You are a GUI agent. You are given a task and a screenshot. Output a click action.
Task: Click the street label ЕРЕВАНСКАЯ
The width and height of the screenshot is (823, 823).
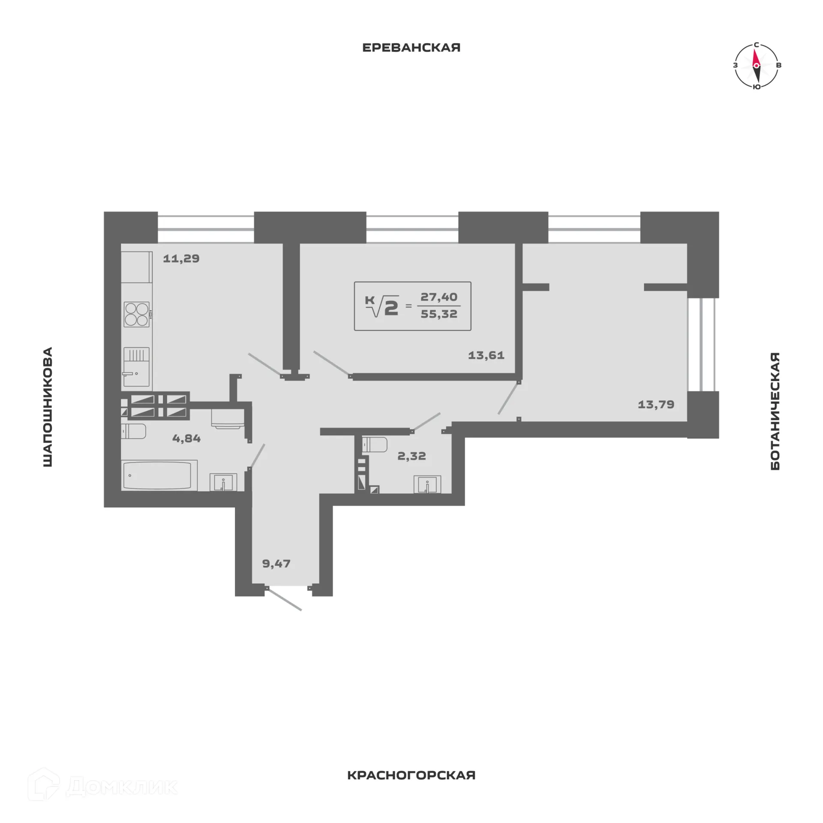pyautogui.click(x=411, y=48)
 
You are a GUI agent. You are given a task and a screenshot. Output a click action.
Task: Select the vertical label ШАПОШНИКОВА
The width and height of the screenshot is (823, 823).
pyautogui.click(x=48, y=407)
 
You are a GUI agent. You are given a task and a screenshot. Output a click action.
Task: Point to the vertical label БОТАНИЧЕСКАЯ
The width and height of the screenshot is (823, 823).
pyautogui.click(x=775, y=411)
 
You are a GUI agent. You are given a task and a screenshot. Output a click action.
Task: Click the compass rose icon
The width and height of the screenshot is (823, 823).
pyautogui.click(x=756, y=66)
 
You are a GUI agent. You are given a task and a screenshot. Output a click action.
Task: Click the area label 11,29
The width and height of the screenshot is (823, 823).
pyautogui.click(x=181, y=258)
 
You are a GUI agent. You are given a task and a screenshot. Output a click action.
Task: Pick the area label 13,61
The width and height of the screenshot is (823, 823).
pyautogui.click(x=486, y=355)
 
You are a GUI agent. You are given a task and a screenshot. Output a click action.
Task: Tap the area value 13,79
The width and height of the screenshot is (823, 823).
pyautogui.click(x=656, y=404)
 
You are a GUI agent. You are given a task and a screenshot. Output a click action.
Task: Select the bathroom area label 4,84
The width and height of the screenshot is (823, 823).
pyautogui.click(x=186, y=438)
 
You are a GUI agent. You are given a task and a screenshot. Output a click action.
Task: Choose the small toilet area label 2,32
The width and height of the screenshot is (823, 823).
pyautogui.click(x=411, y=456)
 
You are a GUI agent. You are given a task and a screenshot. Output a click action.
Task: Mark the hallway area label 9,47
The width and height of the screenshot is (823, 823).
pyautogui.click(x=276, y=563)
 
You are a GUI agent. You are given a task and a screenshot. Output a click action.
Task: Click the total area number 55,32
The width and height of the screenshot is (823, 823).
pyautogui.click(x=439, y=314)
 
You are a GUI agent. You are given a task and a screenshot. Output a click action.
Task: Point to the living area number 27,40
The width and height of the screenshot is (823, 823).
pyautogui.click(x=439, y=297)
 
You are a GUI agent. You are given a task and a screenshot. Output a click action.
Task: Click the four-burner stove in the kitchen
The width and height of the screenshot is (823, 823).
pyautogui.click(x=137, y=314)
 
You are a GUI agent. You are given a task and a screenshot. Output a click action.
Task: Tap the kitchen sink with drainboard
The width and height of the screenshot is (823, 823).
pyautogui.click(x=136, y=366)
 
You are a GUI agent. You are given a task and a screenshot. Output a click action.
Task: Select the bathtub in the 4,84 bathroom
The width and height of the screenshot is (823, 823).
pyautogui.click(x=159, y=475)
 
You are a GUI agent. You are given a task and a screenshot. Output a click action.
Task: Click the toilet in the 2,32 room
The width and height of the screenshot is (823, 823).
pyautogui.click(x=375, y=445)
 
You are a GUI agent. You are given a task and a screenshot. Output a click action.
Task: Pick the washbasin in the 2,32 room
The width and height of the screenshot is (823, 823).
pyautogui.click(x=427, y=485)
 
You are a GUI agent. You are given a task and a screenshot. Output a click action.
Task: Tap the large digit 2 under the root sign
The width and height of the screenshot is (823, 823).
pyautogui.click(x=391, y=308)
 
